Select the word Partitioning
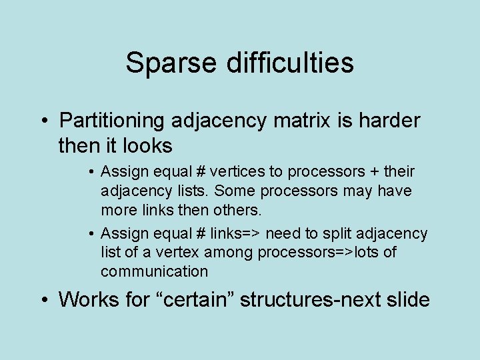[x=111, y=121]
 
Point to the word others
[x=237, y=210]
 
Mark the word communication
[x=154, y=271]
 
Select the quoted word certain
[x=197, y=300]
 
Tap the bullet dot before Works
[x=43, y=301]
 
